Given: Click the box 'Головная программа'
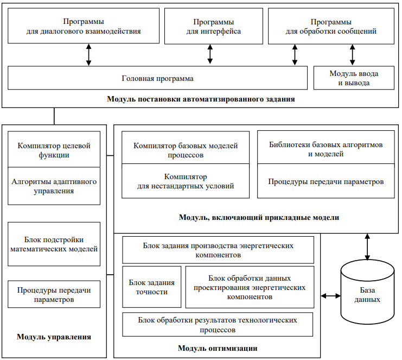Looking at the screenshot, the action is [x=157, y=78].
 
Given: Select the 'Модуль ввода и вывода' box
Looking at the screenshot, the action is [x=354, y=78].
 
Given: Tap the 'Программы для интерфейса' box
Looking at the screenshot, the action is [x=214, y=26].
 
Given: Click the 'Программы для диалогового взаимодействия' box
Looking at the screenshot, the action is [x=84, y=26].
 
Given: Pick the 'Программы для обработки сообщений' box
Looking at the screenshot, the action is [x=331, y=26].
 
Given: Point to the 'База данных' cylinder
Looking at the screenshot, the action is [x=367, y=292].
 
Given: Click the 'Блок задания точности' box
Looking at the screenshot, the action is [x=152, y=287].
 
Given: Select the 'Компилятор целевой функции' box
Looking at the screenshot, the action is [x=54, y=149].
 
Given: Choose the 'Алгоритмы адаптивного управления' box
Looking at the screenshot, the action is [x=54, y=186].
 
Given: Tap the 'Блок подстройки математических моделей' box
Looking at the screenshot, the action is [x=54, y=244].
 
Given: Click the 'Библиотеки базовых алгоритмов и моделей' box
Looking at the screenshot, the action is [x=326, y=147].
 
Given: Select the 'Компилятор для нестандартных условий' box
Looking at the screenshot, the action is [x=186, y=181].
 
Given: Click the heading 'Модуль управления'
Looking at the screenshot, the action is [x=54, y=337].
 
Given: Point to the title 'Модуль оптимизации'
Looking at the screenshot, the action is [x=218, y=348].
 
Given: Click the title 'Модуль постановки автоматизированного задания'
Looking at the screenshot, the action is [x=201, y=99].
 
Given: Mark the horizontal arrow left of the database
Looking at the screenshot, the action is [x=331, y=296].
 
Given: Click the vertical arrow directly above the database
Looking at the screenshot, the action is [x=367, y=247].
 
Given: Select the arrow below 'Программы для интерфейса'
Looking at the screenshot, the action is [x=210, y=54].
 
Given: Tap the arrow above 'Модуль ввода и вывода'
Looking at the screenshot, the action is [x=353, y=55].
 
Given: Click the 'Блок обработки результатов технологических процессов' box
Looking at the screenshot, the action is [x=218, y=324].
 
